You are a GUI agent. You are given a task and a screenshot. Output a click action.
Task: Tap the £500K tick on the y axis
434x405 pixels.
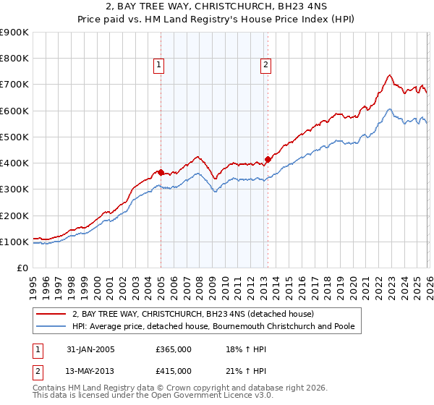click(14, 137)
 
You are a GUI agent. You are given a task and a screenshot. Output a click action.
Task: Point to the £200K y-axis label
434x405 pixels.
click(14, 216)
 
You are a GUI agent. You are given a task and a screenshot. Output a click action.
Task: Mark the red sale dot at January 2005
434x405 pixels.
click(161, 173)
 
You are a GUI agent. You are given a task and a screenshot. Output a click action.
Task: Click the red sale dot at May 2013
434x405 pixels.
click(268, 159)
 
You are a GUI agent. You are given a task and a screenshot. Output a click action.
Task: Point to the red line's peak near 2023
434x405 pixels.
click(389, 74)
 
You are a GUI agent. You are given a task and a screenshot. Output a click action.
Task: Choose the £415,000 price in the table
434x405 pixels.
click(174, 371)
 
